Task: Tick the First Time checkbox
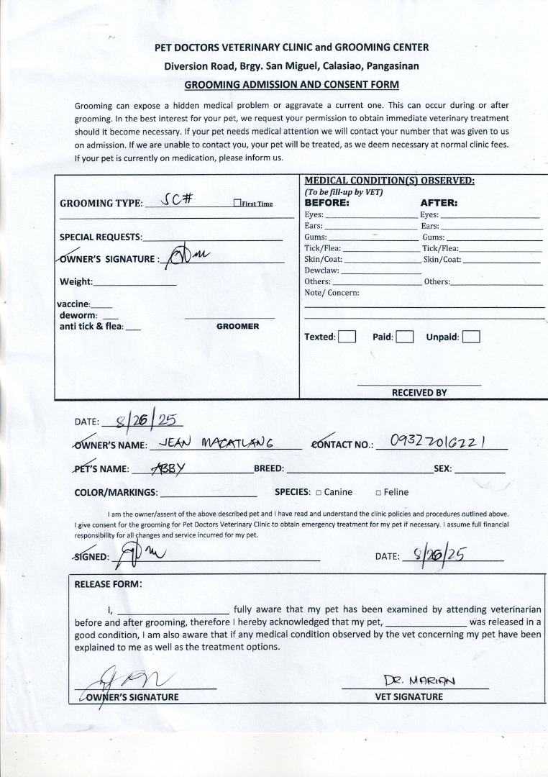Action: (237, 204)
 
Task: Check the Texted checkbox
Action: (347, 337)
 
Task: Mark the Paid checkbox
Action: (404, 337)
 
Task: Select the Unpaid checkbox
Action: (471, 337)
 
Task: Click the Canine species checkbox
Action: (318, 493)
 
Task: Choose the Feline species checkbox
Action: (378, 493)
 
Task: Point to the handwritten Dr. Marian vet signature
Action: (420, 680)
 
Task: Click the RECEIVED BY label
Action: (419, 393)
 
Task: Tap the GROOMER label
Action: (237, 327)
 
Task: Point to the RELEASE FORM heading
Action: (108, 583)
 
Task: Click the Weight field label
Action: (76, 282)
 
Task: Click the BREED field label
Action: (269, 469)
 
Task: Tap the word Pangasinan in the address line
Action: (393, 66)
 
